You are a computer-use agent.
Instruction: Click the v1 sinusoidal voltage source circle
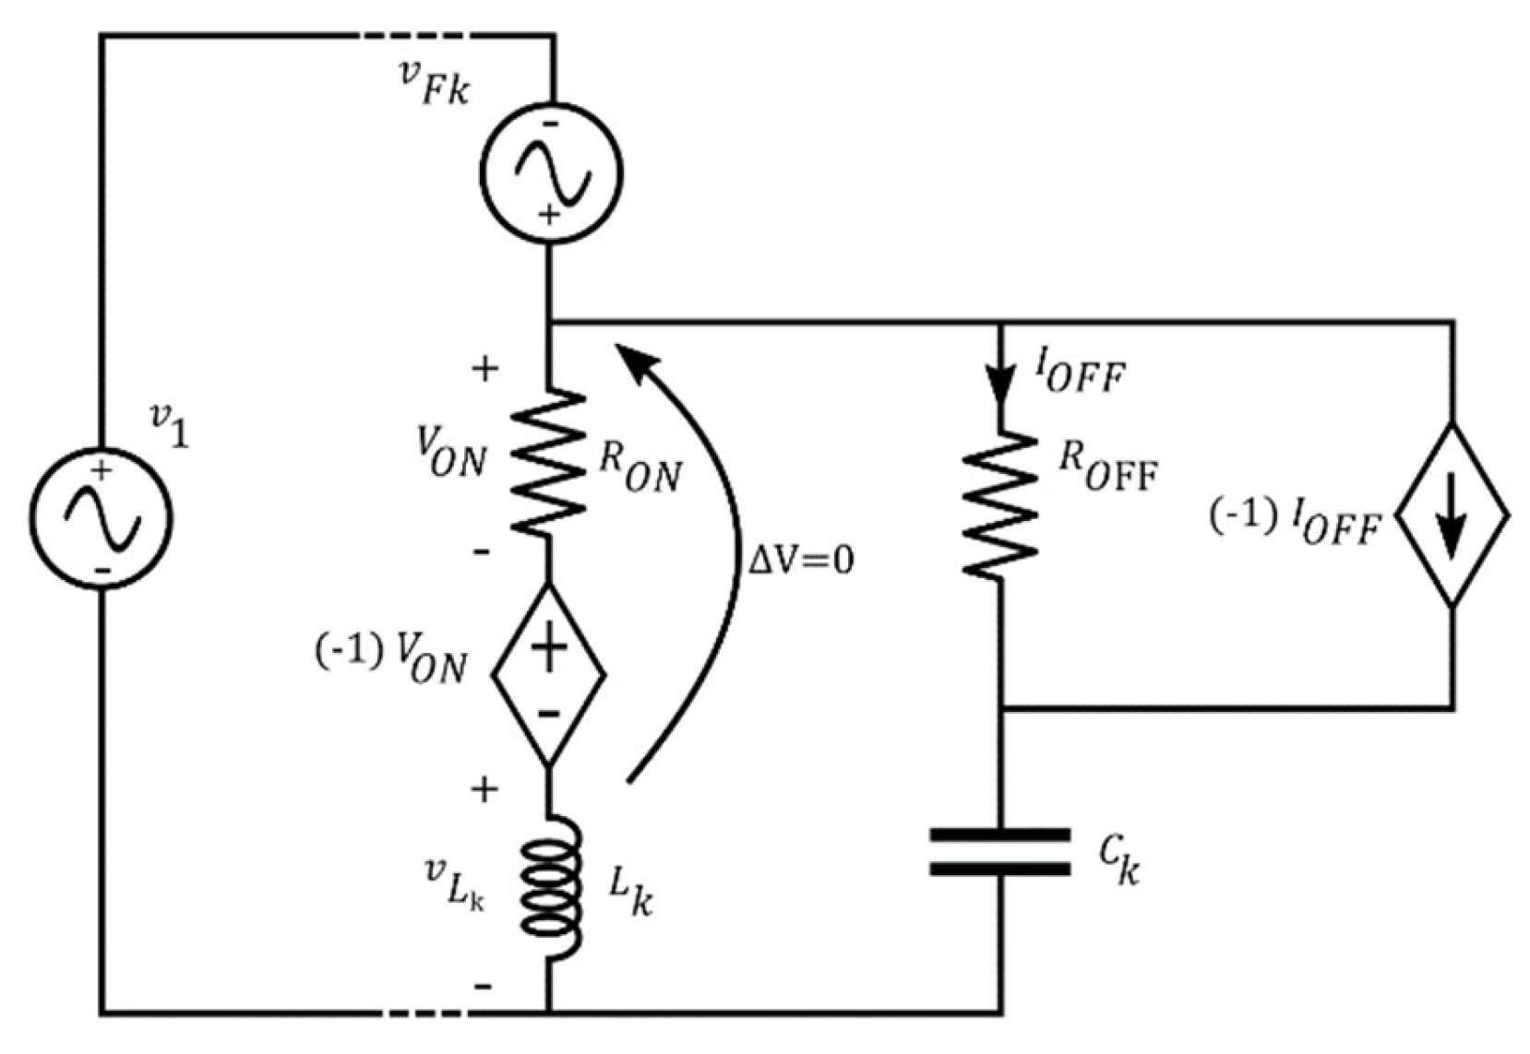tap(101, 517)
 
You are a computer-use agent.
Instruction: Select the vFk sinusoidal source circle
tap(551, 172)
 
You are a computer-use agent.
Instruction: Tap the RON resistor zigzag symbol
tap(548, 461)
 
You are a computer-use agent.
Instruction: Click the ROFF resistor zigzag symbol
tap(1000, 503)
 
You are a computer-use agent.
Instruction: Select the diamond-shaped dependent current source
tap(1452, 515)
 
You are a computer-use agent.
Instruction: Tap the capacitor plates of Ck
tap(1000, 851)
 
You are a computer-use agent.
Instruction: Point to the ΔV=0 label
tap(801, 560)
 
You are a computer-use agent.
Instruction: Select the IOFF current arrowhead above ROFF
tap(1000, 385)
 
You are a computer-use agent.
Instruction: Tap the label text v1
tap(170, 426)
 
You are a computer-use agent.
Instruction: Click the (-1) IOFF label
tap(1296, 523)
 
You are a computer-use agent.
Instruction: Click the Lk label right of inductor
tap(631, 892)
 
